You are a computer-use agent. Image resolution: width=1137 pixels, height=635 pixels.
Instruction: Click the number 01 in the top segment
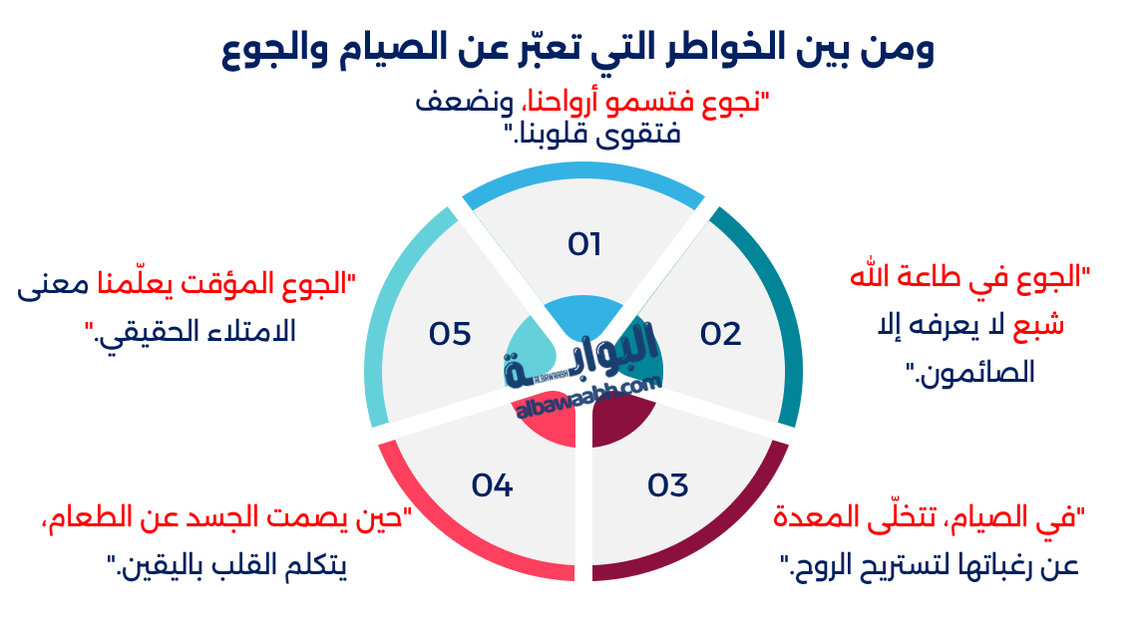pyautogui.click(x=584, y=244)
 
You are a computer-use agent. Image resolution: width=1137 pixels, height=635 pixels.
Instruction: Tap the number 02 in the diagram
pyautogui.click(x=720, y=334)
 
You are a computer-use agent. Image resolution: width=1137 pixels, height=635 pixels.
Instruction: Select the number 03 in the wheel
pyautogui.click(x=668, y=485)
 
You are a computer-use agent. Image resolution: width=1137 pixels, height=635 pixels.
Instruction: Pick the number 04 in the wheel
pyautogui.click(x=492, y=485)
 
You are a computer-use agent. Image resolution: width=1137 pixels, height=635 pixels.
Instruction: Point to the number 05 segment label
pyautogui.click(x=450, y=334)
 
